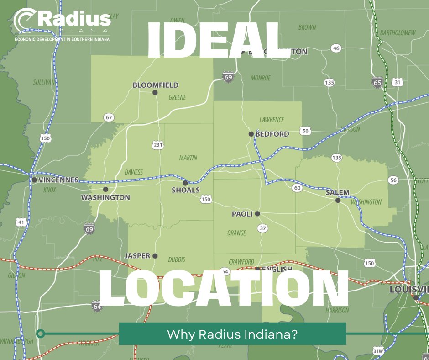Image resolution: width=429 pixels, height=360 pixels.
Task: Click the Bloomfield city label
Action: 155,85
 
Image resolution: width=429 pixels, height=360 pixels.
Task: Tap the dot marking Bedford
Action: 251,134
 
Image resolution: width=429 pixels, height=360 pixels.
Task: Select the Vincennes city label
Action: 58,180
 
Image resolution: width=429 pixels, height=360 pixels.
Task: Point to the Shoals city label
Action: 185,190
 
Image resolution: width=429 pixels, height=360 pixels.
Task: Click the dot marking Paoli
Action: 257,213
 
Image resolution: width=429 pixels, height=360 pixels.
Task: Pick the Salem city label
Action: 337,193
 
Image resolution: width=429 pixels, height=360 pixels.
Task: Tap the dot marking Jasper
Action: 155,256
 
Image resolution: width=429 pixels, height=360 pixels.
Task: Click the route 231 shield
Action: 157,145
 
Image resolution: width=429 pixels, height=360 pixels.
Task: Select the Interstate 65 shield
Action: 377,83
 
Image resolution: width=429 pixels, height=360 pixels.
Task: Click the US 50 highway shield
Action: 305,131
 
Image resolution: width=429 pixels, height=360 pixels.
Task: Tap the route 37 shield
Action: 262,228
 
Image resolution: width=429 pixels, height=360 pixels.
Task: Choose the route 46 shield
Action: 336,48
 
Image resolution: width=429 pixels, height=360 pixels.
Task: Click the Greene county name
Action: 177,97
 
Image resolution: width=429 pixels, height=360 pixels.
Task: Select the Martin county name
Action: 188,158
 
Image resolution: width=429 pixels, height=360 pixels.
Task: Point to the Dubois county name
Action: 176,259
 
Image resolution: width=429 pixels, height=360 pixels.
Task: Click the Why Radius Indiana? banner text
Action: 232,334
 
